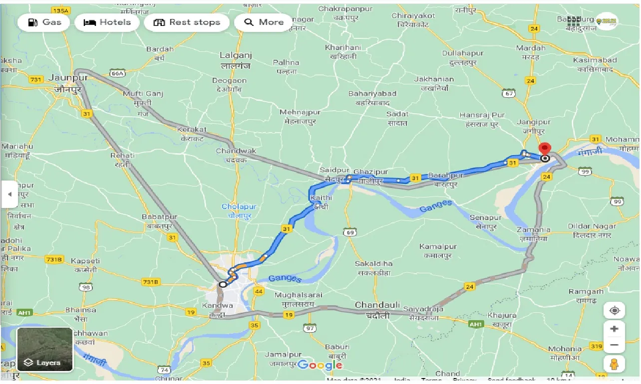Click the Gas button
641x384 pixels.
(44, 22)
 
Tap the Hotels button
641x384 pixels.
(107, 22)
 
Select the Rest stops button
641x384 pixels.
(187, 22)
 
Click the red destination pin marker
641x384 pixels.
(545, 149)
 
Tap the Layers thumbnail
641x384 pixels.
(45, 350)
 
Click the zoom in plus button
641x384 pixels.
(615, 329)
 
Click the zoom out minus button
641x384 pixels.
(615, 345)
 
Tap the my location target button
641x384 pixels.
(615, 310)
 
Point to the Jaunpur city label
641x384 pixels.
(68, 78)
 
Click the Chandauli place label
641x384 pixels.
(377, 305)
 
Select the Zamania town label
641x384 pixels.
(534, 230)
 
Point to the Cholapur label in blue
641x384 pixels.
(239, 206)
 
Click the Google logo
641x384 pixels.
(320, 365)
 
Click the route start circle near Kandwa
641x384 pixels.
(223, 284)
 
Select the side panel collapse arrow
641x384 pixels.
(9, 194)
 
